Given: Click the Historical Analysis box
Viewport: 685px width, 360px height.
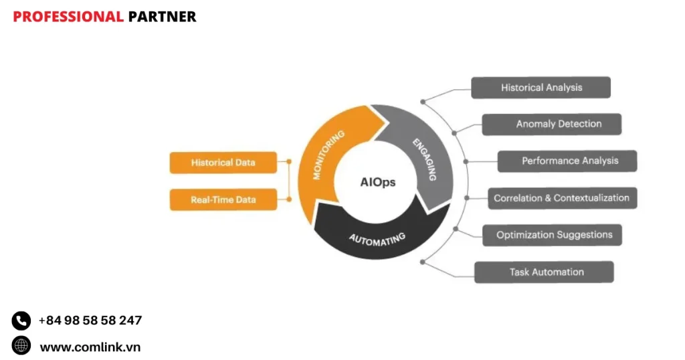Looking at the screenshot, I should pyautogui.click(x=541, y=88).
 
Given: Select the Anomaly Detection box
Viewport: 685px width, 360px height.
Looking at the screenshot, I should pyautogui.click(x=551, y=124).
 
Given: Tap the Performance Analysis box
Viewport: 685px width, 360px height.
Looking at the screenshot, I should pyautogui.click(x=567, y=161).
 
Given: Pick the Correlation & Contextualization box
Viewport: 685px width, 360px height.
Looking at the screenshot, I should pyautogui.click(x=561, y=198).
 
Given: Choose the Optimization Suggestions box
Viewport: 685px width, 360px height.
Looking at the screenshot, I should pyautogui.click(x=553, y=235).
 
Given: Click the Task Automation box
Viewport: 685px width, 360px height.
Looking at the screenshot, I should pyautogui.click(x=544, y=272).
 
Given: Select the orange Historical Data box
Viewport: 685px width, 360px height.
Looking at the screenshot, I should pyautogui.click(x=223, y=163).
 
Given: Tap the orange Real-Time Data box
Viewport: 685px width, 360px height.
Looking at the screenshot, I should pyautogui.click(x=223, y=199).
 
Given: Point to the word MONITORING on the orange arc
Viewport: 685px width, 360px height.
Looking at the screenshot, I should pyautogui.click(x=329, y=155).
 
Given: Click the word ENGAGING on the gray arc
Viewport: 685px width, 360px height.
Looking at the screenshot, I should pyautogui.click(x=424, y=159).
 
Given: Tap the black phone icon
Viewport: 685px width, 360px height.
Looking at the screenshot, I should pyautogui.click(x=21, y=321).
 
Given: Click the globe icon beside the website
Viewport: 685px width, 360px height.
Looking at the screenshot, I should pyautogui.click(x=21, y=345).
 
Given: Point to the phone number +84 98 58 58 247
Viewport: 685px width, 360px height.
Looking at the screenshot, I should pyautogui.click(x=90, y=321).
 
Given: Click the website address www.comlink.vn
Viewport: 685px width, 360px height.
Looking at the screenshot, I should pyautogui.click(x=90, y=347).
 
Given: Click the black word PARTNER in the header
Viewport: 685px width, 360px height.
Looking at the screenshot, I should pyautogui.click(x=162, y=17).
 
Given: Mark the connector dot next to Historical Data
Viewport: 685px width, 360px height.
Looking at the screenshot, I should pyautogui.click(x=289, y=161).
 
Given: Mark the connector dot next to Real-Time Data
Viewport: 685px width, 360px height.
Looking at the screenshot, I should pyautogui.click(x=289, y=199).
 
